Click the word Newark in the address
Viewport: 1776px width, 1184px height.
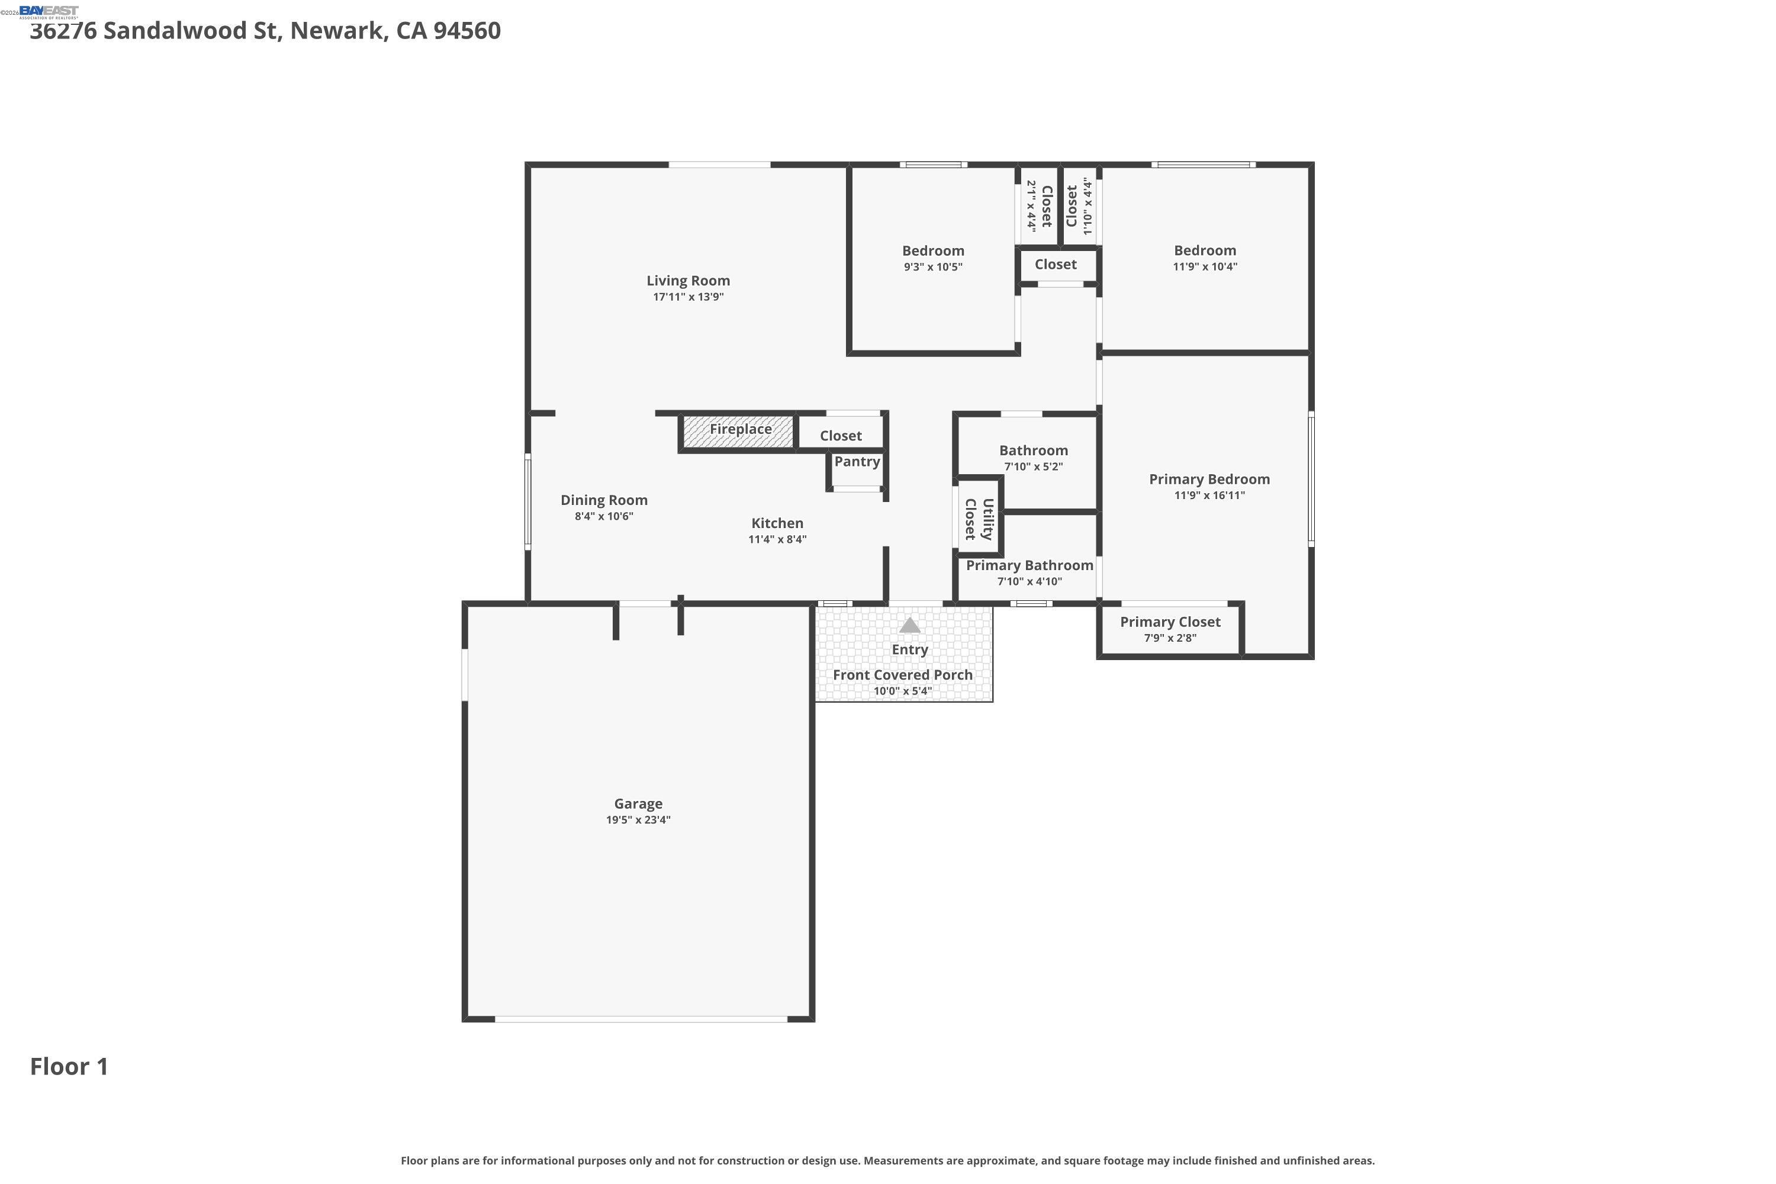[338, 31]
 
